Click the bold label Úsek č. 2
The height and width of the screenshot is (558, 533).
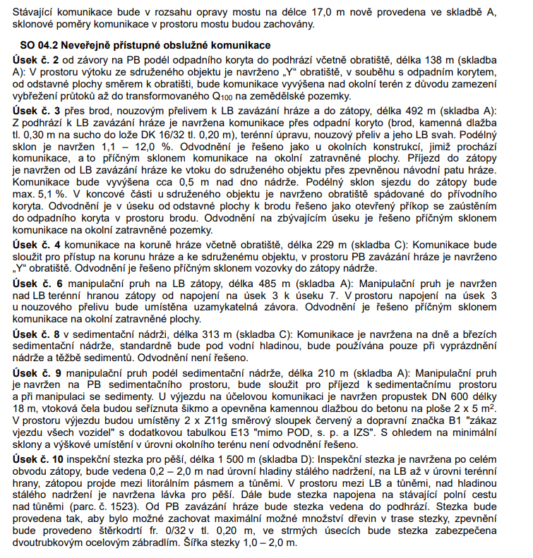pyautogui.click(x=37, y=57)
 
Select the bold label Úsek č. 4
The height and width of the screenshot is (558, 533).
pyautogui.click(x=37, y=243)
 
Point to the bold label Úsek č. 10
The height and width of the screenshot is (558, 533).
pyautogui.click(x=40, y=460)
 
